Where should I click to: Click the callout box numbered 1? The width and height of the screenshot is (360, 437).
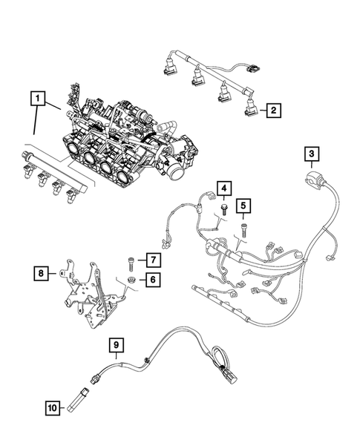point(36,97)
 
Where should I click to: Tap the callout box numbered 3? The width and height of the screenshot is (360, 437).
point(313,154)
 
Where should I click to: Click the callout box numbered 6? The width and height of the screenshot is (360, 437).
point(151,280)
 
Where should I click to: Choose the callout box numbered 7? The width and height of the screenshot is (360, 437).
point(151,260)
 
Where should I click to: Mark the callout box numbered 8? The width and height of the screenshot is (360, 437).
point(41,274)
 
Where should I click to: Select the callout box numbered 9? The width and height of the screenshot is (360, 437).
point(116,344)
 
